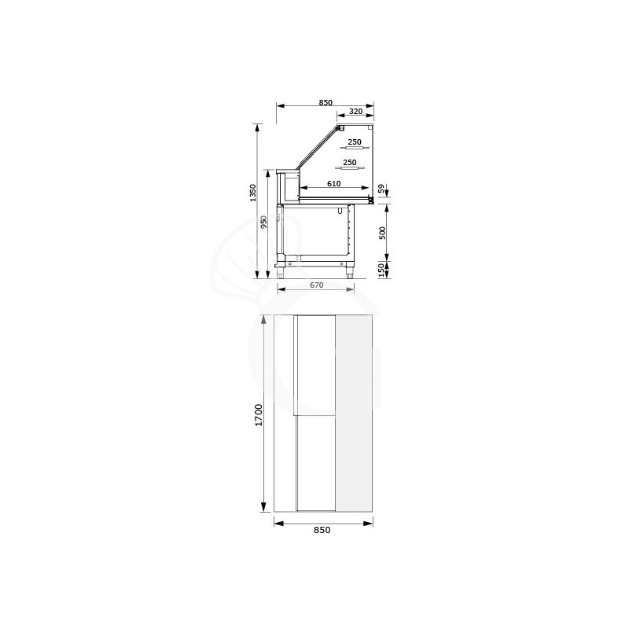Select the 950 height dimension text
(265, 223)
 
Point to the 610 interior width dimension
(333, 183)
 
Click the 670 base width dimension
(315, 285)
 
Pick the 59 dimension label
(381, 189)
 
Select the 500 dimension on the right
(381, 233)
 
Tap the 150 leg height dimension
(381, 270)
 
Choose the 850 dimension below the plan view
(322, 531)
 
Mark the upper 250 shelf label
(354, 142)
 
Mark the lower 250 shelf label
(349, 162)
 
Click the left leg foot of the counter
(283, 274)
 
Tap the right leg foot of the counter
(350, 274)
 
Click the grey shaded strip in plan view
(354, 413)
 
